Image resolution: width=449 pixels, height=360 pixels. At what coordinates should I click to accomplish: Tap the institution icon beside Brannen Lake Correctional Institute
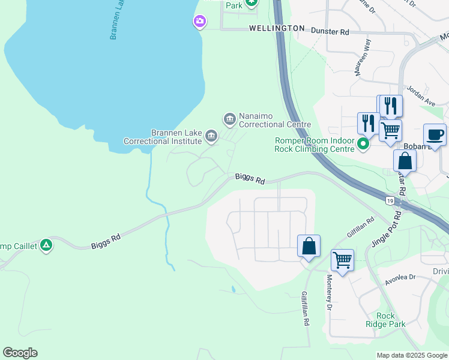click(x=211, y=136)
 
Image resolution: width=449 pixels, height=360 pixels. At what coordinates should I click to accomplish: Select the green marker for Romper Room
click(x=363, y=144)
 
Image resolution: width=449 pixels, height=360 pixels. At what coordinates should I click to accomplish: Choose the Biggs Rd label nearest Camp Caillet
click(x=106, y=241)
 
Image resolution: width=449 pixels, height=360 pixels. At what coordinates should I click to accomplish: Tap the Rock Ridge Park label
click(x=385, y=320)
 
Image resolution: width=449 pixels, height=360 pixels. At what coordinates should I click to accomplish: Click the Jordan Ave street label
click(x=421, y=95)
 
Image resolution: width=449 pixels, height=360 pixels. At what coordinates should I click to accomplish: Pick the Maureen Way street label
click(x=363, y=57)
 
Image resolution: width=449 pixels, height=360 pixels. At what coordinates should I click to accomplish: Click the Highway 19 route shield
click(x=390, y=200)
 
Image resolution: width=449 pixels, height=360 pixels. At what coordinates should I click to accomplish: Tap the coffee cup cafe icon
click(x=435, y=134)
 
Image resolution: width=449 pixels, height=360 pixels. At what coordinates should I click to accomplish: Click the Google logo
click(x=20, y=353)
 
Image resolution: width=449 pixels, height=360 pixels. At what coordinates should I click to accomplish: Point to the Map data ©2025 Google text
click(x=412, y=355)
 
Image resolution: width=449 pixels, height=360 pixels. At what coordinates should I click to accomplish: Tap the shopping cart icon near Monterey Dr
click(x=342, y=260)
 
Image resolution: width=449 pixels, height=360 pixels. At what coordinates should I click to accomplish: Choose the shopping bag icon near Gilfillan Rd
click(x=309, y=246)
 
